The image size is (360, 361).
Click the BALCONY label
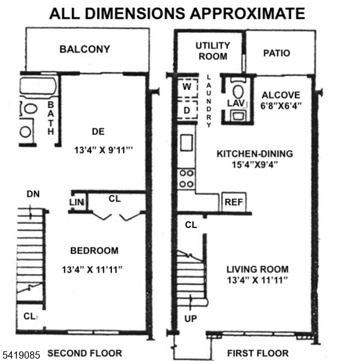point(85,49)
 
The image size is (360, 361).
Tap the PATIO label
point(276,53)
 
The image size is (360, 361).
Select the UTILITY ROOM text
point(213,51)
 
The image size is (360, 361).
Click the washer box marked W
point(187,88)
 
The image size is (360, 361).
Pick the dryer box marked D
point(187,110)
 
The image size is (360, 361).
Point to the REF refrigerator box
point(234,202)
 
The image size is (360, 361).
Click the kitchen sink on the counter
point(187,143)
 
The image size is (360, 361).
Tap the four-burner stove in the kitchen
point(187,179)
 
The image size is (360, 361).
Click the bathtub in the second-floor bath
point(39,86)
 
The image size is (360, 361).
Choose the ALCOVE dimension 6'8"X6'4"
point(281,106)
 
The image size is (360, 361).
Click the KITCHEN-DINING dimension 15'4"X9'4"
point(255,165)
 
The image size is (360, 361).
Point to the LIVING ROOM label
point(258,269)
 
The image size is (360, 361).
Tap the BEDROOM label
point(95,250)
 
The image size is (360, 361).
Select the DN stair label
point(33,194)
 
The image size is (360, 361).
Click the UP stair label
point(191,319)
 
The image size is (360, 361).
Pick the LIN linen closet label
point(76,202)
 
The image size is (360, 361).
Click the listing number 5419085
point(21,355)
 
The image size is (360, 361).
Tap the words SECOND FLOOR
point(85,353)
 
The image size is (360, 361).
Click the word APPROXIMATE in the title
point(247,13)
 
